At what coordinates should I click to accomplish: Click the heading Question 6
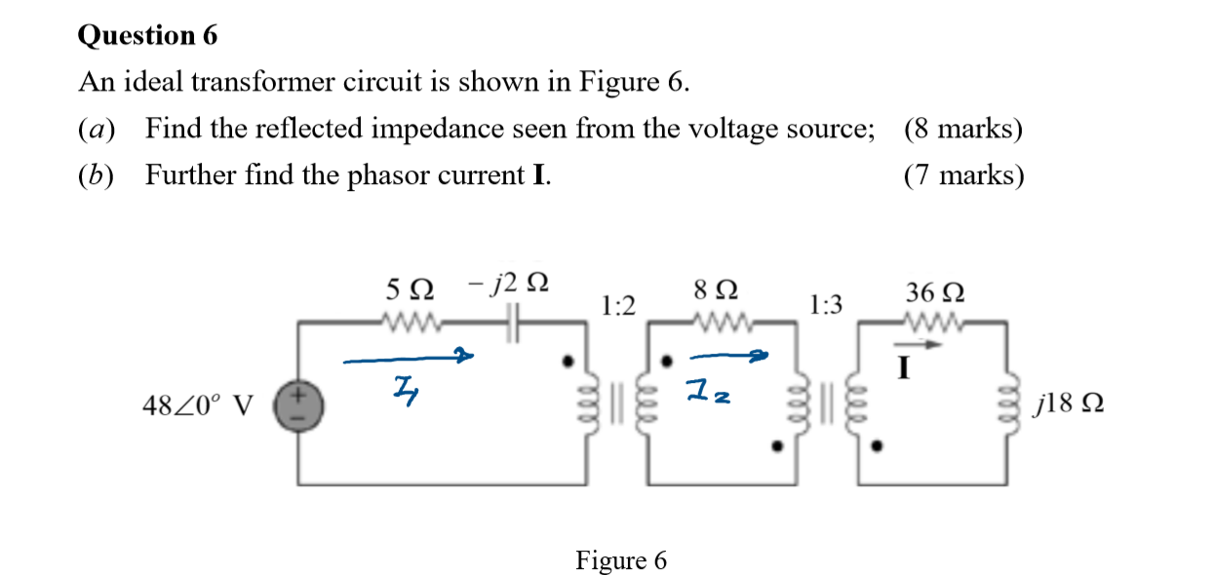click(x=147, y=36)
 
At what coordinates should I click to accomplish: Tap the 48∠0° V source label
click(x=197, y=403)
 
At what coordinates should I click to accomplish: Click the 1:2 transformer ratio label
click(x=618, y=307)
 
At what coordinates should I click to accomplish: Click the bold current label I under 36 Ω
click(x=905, y=367)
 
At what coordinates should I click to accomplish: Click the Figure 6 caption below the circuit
click(x=621, y=560)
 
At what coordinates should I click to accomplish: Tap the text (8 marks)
click(x=963, y=129)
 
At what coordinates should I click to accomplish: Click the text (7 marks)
click(x=963, y=175)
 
